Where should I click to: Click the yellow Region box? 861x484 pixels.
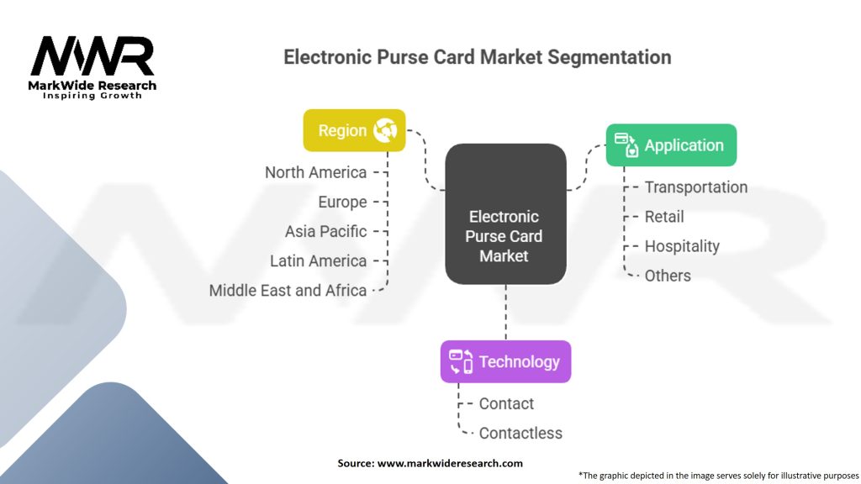coord(354,130)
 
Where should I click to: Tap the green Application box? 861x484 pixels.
coord(671,145)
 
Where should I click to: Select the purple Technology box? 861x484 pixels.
coord(505,361)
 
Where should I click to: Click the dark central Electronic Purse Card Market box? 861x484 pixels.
coord(505,214)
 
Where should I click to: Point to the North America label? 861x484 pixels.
coord(316,172)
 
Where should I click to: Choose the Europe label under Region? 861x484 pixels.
coord(343,202)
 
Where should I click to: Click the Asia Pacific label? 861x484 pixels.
coord(325,232)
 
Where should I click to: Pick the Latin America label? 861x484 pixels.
coord(318,260)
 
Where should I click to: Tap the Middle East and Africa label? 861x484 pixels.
coord(288,290)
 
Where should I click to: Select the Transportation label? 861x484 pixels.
coord(695,187)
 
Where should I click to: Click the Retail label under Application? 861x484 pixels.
coord(664,217)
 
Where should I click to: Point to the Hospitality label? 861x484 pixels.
coord(682,246)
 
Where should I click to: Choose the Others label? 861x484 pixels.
coord(668,276)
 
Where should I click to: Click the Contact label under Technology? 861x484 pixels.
coord(506,404)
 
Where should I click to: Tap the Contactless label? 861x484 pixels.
coord(520,433)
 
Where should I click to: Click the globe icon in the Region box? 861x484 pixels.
coord(385,130)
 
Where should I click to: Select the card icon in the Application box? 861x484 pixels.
coord(626,145)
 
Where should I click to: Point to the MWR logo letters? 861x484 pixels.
coord(92,56)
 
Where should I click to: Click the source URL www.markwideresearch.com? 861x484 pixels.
coord(450,463)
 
